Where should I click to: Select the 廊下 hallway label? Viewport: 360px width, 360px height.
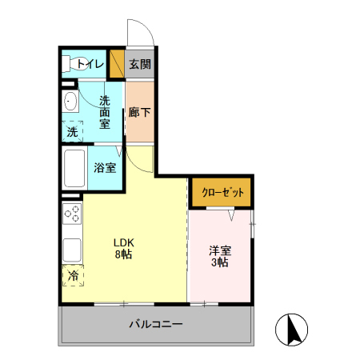(139, 113)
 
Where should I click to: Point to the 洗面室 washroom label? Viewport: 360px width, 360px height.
(106, 113)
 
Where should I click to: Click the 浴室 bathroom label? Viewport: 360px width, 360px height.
(105, 168)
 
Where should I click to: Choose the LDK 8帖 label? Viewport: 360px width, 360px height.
(123, 248)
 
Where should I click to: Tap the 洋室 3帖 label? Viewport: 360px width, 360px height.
(219, 256)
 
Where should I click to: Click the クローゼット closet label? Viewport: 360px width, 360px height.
(222, 193)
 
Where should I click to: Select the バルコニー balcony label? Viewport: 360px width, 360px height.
(156, 326)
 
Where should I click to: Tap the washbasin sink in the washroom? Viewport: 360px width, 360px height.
(70, 102)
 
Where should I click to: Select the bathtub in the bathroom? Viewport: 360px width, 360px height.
(75, 168)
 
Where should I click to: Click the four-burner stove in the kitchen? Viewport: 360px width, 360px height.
(72, 214)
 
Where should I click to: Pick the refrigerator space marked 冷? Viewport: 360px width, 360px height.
(73, 276)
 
